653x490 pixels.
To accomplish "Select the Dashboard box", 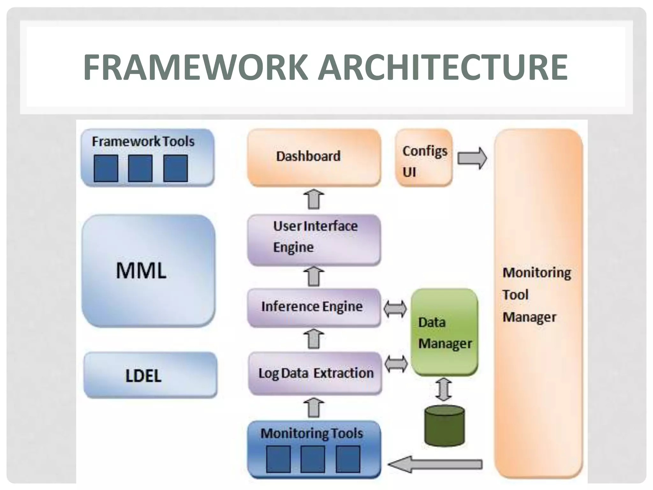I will point(314,157).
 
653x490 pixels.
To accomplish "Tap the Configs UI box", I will point(424,158).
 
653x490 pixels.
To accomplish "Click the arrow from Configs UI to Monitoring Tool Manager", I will point(472,158).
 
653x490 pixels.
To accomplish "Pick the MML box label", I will point(141,271).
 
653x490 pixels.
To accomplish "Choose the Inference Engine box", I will point(314,307).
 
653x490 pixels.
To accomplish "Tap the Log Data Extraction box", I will point(315,373).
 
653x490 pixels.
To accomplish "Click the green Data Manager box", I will point(444,332).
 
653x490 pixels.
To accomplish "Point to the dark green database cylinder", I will point(444,426).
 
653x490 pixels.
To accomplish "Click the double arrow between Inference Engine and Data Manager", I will point(395,309).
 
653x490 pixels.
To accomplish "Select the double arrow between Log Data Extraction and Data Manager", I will point(396,364).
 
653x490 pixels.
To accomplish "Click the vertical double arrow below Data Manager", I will point(444,389).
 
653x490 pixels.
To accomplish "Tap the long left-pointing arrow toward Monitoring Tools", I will point(435,464).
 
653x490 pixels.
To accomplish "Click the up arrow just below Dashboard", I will point(314,199).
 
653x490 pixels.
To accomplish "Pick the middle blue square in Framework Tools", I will point(140,168).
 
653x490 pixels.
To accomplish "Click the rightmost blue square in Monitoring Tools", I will point(348,459).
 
